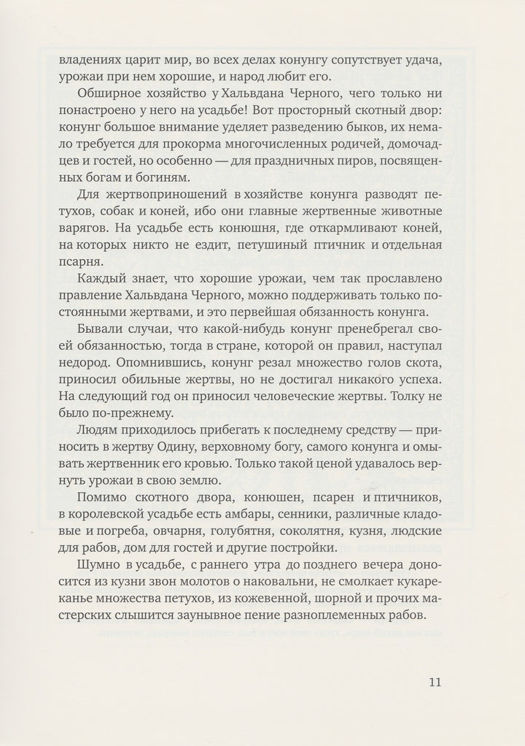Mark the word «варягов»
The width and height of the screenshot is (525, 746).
[83, 248]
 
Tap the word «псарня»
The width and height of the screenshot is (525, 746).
[78, 286]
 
